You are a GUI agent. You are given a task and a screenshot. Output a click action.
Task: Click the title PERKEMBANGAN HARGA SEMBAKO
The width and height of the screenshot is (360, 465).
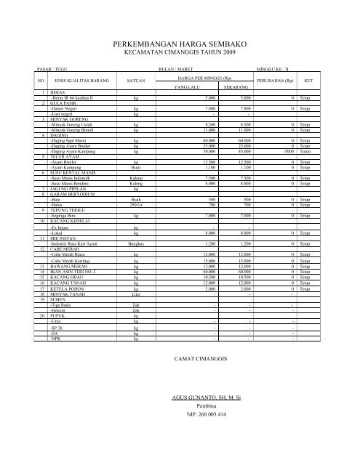[x=180, y=45]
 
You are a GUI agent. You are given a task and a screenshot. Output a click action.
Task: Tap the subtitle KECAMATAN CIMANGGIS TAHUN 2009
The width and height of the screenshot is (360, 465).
[x=180, y=53]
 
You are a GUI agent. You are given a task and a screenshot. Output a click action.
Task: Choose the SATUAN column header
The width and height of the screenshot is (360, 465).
[x=135, y=80]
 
